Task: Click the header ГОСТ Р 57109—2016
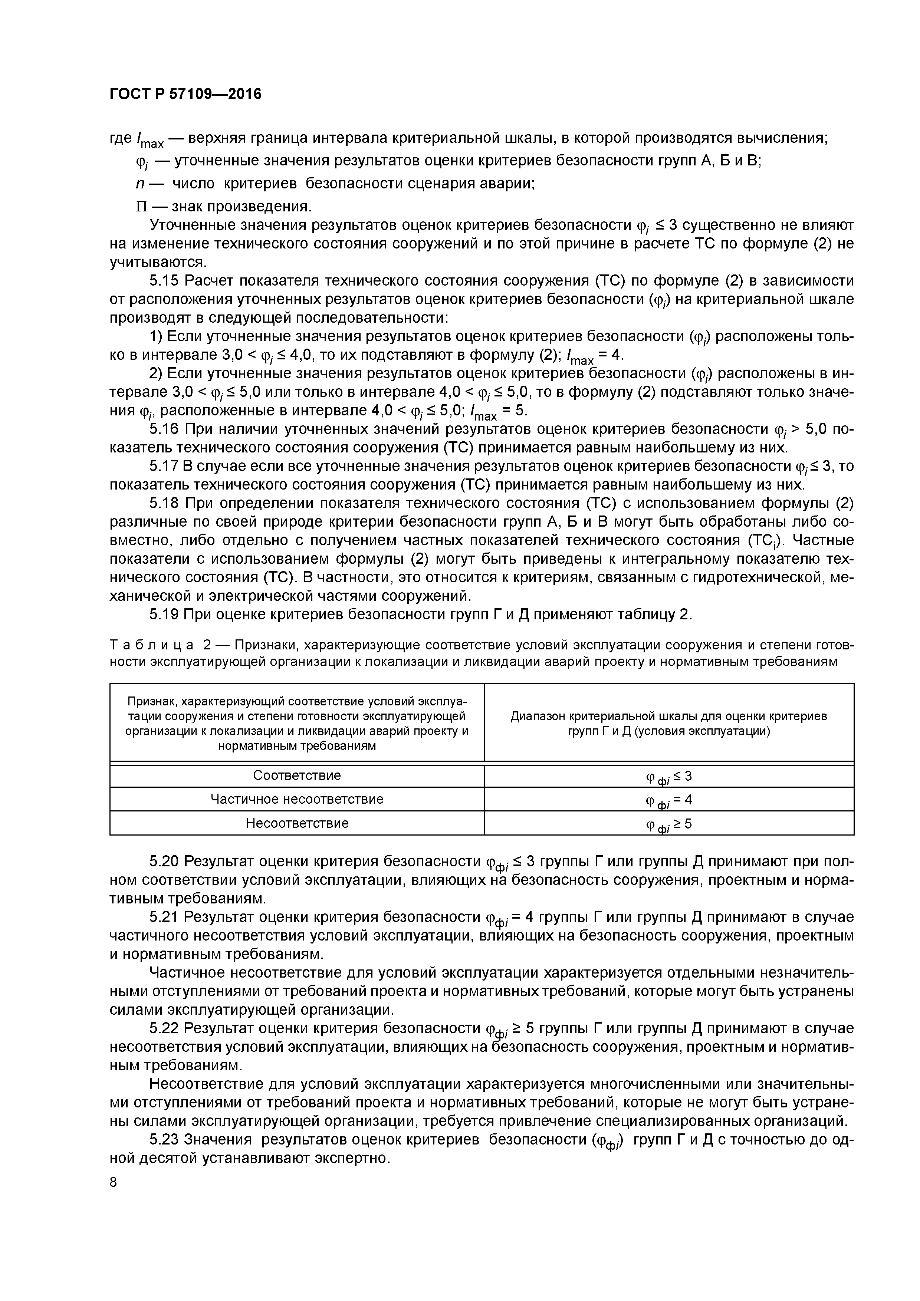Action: [185, 94]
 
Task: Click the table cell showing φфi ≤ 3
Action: [668, 776]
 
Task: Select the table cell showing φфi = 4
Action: [668, 800]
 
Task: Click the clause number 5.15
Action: [164, 281]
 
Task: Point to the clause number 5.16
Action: [164, 429]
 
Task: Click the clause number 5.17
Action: [164, 466]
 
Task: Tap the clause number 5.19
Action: [164, 614]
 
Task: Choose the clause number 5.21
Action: [164, 917]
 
